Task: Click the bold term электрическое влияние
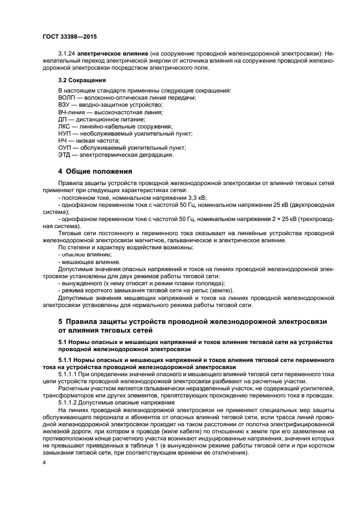(x=112, y=53)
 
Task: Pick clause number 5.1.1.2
(x=69, y=402)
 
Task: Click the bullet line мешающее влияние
(x=82, y=261)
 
